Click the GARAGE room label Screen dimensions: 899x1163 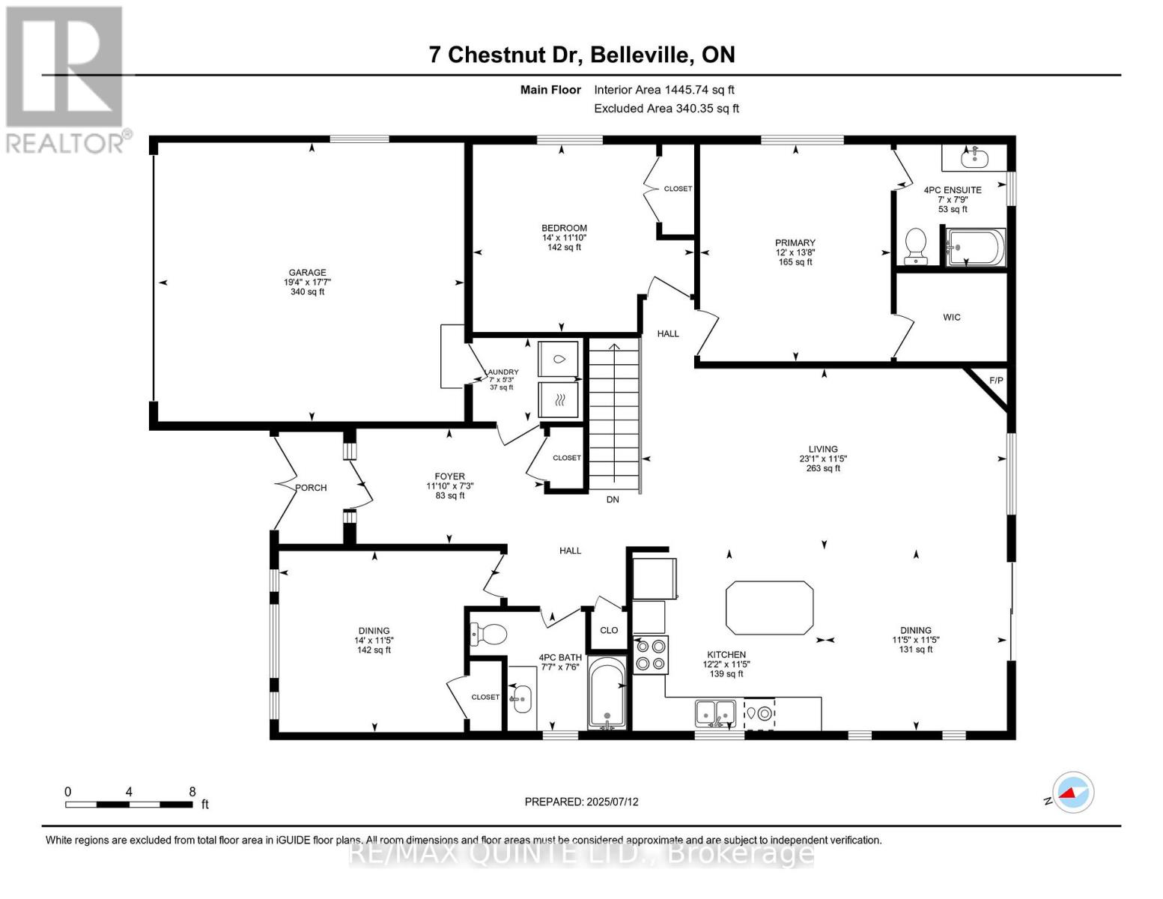point(307,273)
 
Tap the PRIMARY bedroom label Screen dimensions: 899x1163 point(795,243)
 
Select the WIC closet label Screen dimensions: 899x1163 point(951,318)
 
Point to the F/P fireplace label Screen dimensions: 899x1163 point(996,381)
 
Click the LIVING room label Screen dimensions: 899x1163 point(822,449)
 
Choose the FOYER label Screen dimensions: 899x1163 point(449,476)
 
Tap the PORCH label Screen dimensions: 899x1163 point(311,488)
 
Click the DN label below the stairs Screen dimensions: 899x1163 point(613,500)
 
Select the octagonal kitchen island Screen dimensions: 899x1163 point(769,608)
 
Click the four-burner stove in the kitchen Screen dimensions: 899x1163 point(650,655)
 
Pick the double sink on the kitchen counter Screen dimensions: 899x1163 point(715,712)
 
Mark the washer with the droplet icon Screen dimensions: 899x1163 point(559,360)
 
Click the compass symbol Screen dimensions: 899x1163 point(1072,793)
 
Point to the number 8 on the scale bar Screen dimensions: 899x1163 point(192,792)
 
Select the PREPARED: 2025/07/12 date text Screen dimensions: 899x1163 point(581,802)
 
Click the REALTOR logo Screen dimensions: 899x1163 point(66,79)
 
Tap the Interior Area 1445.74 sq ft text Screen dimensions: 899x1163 point(664,90)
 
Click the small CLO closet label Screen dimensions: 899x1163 point(609,630)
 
